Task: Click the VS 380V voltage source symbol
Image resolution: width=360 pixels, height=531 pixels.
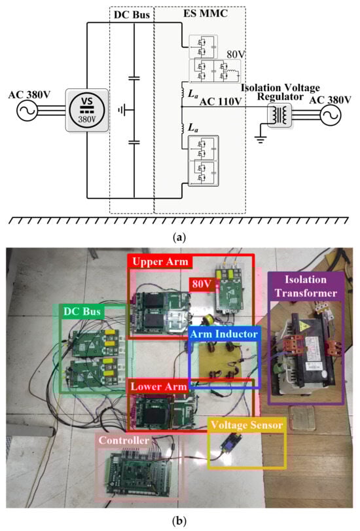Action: (87, 111)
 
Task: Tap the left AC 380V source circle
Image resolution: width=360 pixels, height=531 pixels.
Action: (27, 111)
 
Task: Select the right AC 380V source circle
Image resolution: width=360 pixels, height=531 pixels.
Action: (330, 115)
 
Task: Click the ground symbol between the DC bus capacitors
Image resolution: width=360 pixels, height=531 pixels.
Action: (122, 110)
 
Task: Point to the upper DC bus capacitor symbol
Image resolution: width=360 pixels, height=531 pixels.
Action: (134, 79)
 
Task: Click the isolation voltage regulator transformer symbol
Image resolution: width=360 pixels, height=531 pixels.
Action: (279, 115)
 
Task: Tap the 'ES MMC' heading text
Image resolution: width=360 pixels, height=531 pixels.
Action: (206, 14)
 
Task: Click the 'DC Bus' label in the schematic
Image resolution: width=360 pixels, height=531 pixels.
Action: (132, 14)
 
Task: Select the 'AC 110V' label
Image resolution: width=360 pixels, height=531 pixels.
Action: (221, 101)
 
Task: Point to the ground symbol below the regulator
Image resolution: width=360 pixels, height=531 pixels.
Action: (261, 139)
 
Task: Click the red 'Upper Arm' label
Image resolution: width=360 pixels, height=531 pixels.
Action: (160, 262)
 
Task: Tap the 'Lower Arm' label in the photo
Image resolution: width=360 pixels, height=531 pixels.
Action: (158, 387)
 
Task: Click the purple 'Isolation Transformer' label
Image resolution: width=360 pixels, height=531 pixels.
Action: (306, 286)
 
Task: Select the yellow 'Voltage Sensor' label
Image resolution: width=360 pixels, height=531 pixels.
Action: (247, 425)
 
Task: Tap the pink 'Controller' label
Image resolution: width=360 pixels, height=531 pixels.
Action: (124, 440)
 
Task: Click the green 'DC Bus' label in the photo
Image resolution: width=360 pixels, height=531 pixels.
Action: (82, 311)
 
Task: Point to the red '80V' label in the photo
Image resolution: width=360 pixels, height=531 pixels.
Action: (202, 284)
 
